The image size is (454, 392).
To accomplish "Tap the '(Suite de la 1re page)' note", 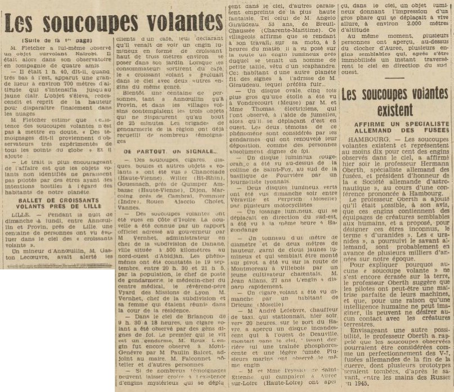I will click(x=57, y=40).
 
